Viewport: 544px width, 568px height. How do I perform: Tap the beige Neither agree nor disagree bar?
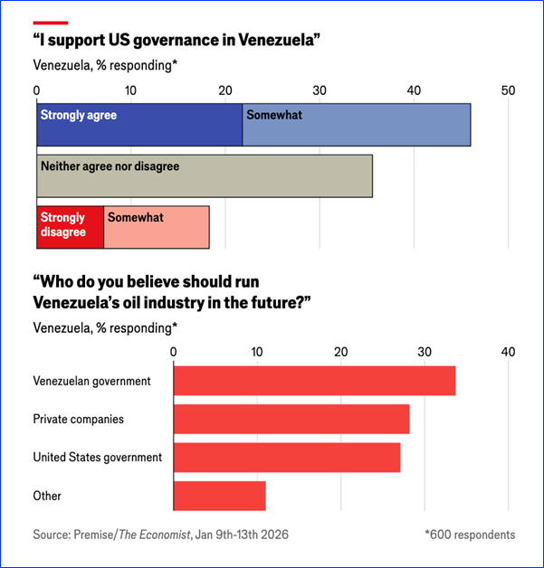(205, 176)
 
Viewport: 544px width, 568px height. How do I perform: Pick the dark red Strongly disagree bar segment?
(70, 228)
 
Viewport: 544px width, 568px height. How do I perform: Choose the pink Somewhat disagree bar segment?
(157, 228)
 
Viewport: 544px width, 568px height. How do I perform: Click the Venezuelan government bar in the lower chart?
(314, 381)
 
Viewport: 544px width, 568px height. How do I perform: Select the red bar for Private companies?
(291, 420)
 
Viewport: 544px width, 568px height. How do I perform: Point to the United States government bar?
(286, 458)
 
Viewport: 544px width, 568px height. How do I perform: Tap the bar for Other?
(219, 496)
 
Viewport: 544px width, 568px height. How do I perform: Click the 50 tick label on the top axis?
(508, 90)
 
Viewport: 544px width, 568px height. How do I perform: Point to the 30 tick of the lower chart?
(425, 352)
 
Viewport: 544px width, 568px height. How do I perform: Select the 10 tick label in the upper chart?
(131, 90)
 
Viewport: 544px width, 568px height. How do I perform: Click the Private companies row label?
(78, 420)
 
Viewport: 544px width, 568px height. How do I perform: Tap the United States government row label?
(98, 458)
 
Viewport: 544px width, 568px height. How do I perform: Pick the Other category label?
(47, 496)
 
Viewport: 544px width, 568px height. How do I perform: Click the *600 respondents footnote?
(469, 535)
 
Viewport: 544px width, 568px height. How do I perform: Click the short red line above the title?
(50, 20)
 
